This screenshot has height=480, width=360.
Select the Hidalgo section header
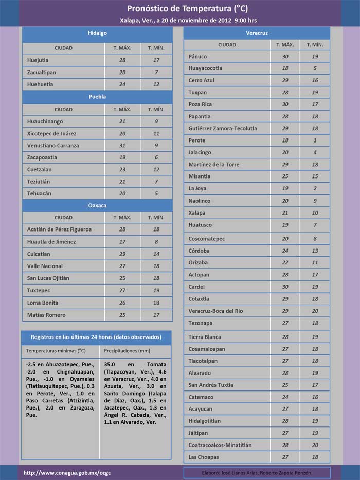coord(97,33)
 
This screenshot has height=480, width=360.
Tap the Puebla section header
coord(97,96)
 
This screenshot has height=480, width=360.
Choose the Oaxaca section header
coord(97,205)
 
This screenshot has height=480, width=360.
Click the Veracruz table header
coord(257,33)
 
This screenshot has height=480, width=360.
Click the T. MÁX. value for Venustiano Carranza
coord(122,145)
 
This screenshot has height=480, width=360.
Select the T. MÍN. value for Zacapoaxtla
coord(156,157)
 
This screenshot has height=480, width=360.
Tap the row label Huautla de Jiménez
coord(51,242)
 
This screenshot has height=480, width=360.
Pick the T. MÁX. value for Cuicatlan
coord(122,254)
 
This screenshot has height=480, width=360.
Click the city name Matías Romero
coord(46,315)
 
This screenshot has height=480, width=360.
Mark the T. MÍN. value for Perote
coord(315,140)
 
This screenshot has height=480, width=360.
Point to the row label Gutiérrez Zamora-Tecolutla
coord(223,128)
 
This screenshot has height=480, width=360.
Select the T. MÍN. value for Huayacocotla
coord(315,68)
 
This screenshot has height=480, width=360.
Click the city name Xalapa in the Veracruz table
coord(197,212)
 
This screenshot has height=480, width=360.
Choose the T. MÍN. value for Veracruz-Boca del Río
coord(315,311)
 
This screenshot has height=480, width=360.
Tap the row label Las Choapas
coord(204,457)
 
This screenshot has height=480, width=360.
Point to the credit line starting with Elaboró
coord(257,472)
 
